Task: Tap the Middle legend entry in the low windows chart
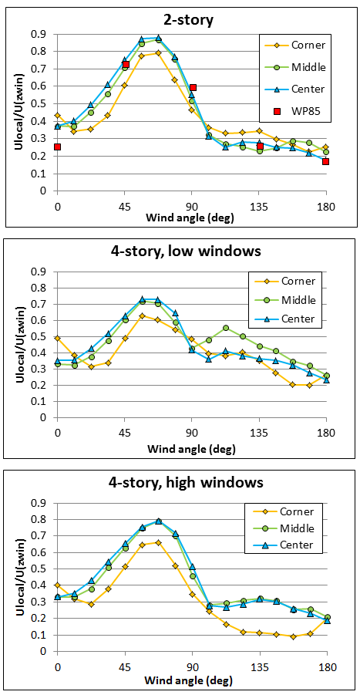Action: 297,300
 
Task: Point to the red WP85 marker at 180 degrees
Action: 326,161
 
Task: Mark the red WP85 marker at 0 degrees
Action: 57,147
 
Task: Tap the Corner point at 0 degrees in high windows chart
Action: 57,585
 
